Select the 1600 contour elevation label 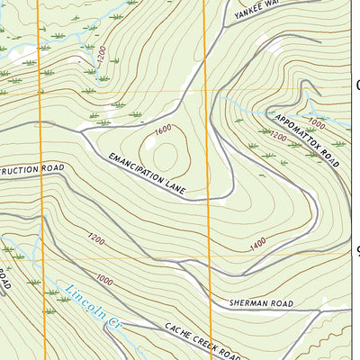[163, 130]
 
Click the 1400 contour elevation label [258, 243]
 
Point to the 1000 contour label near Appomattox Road [315, 122]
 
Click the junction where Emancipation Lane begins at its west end [83, 132]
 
